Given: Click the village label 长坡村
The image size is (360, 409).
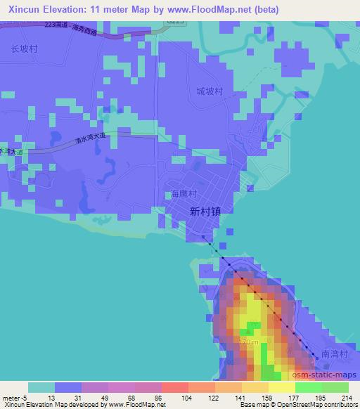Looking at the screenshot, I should [x=23, y=49].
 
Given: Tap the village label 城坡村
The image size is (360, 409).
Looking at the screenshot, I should [x=209, y=91].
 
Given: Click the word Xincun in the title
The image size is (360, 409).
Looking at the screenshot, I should [x=22, y=10].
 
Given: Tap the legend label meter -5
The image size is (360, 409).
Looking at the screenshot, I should [x=14, y=398].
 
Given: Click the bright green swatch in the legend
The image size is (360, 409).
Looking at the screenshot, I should [x=308, y=388].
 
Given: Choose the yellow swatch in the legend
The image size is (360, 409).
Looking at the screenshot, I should [x=281, y=388].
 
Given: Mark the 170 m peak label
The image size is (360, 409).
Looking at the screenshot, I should [x=249, y=342].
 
